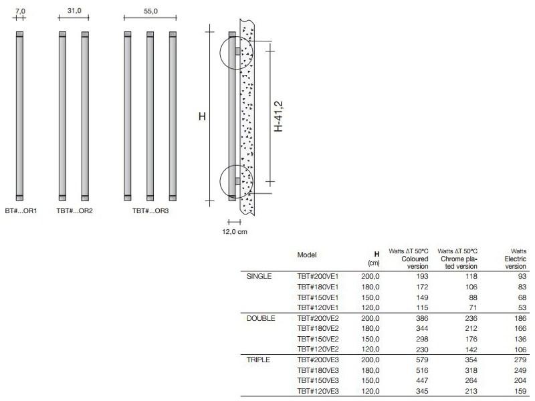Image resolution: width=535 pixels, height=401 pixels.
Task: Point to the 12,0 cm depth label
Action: (x=234, y=231)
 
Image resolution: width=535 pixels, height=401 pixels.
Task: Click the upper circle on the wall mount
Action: (x=235, y=51)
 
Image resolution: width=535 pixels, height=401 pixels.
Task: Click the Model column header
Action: (x=307, y=255)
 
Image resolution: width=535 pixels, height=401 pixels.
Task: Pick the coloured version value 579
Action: (x=420, y=360)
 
